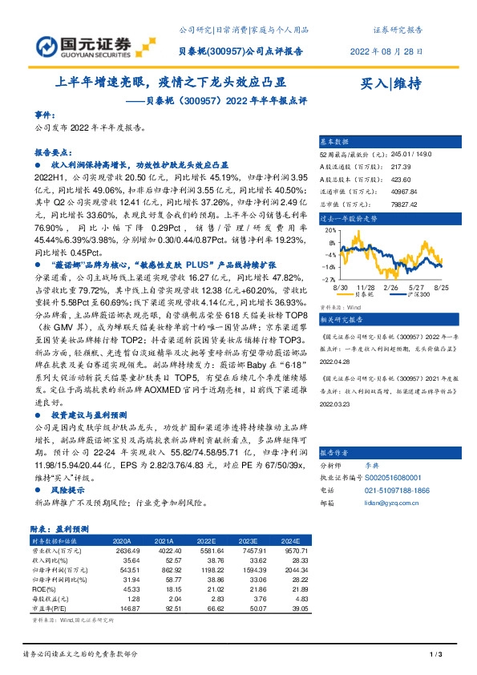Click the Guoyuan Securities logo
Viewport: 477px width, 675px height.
(x=72, y=42)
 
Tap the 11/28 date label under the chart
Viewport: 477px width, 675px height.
(x=366, y=286)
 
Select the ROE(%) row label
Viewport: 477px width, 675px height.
(x=46, y=589)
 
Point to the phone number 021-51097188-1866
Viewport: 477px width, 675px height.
(x=394, y=487)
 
